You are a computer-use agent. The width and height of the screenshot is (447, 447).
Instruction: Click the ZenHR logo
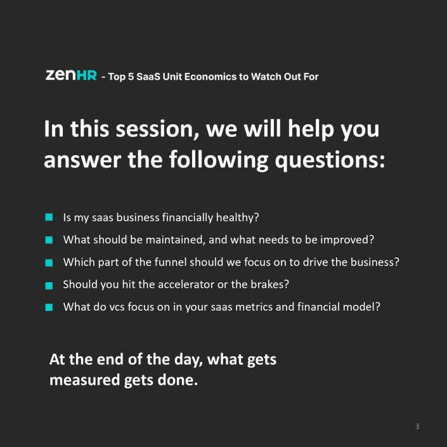[x=71, y=75]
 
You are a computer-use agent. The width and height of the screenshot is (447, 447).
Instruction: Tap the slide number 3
[x=417, y=427]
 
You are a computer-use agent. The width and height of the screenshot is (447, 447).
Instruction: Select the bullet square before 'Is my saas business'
[x=49, y=217]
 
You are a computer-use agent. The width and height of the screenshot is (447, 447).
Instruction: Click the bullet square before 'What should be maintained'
[x=49, y=240]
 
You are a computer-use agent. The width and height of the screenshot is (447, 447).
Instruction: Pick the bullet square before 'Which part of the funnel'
[x=49, y=262]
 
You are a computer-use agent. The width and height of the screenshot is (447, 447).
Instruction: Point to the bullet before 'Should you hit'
[x=49, y=285]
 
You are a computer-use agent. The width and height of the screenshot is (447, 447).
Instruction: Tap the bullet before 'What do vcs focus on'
[x=49, y=307]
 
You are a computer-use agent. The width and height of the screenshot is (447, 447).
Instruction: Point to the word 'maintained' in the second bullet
[x=175, y=240]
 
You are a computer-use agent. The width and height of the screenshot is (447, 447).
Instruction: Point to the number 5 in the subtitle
[x=131, y=77]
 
